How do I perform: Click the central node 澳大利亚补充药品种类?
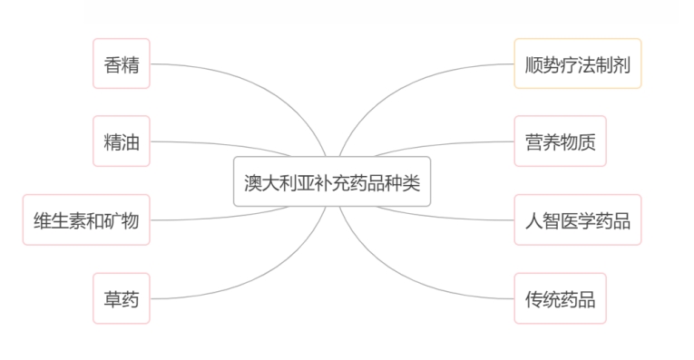pyautogui.click(x=333, y=180)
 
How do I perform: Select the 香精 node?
pyautogui.click(x=122, y=64)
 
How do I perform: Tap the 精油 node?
pyautogui.click(x=122, y=141)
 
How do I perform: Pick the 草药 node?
pyautogui.click(x=122, y=298)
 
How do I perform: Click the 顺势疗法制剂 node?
pyautogui.click(x=577, y=64)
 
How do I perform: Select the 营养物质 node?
pyautogui.click(x=560, y=141)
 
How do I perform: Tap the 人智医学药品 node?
pyautogui.click(x=577, y=219)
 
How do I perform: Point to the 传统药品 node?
pyautogui.click(x=560, y=298)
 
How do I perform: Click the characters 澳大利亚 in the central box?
pyautogui.click(x=280, y=180)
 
